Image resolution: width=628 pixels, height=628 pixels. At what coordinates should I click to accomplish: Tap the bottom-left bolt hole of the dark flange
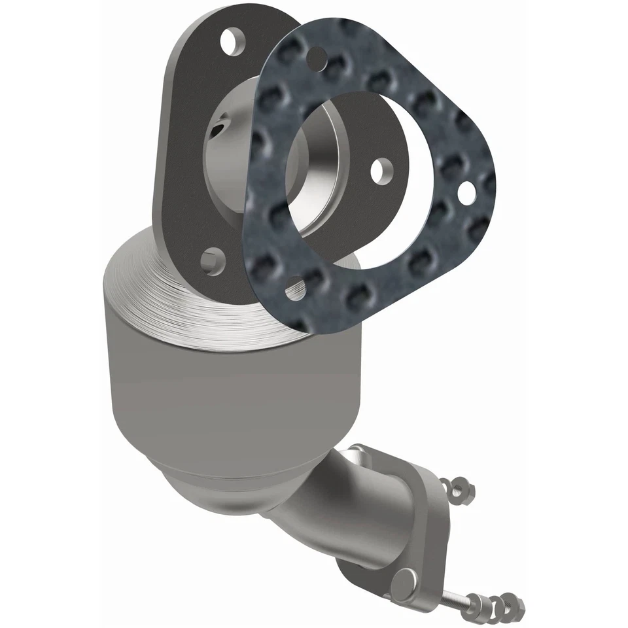[x=212, y=261]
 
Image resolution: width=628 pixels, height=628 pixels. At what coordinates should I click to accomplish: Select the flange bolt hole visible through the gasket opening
[x=380, y=169]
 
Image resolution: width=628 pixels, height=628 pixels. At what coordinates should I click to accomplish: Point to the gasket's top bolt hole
[x=317, y=56]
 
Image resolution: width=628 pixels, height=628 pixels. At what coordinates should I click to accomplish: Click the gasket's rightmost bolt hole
[x=466, y=192]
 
